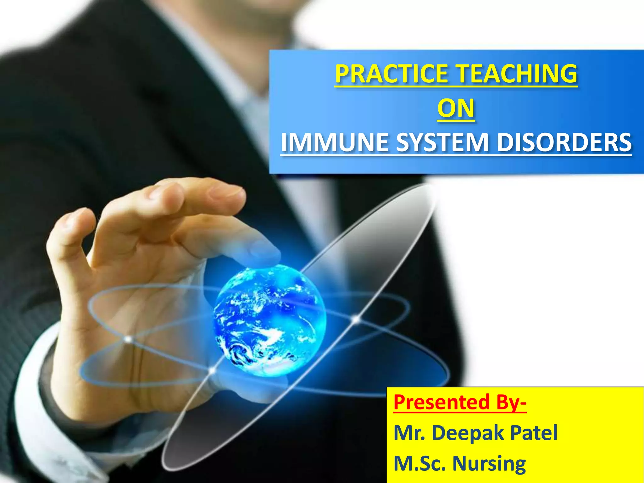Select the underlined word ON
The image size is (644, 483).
[x=456, y=108]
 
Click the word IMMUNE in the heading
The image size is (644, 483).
[x=335, y=142]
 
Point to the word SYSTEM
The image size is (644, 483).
[x=442, y=142]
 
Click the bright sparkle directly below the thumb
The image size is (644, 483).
[x=128, y=339]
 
